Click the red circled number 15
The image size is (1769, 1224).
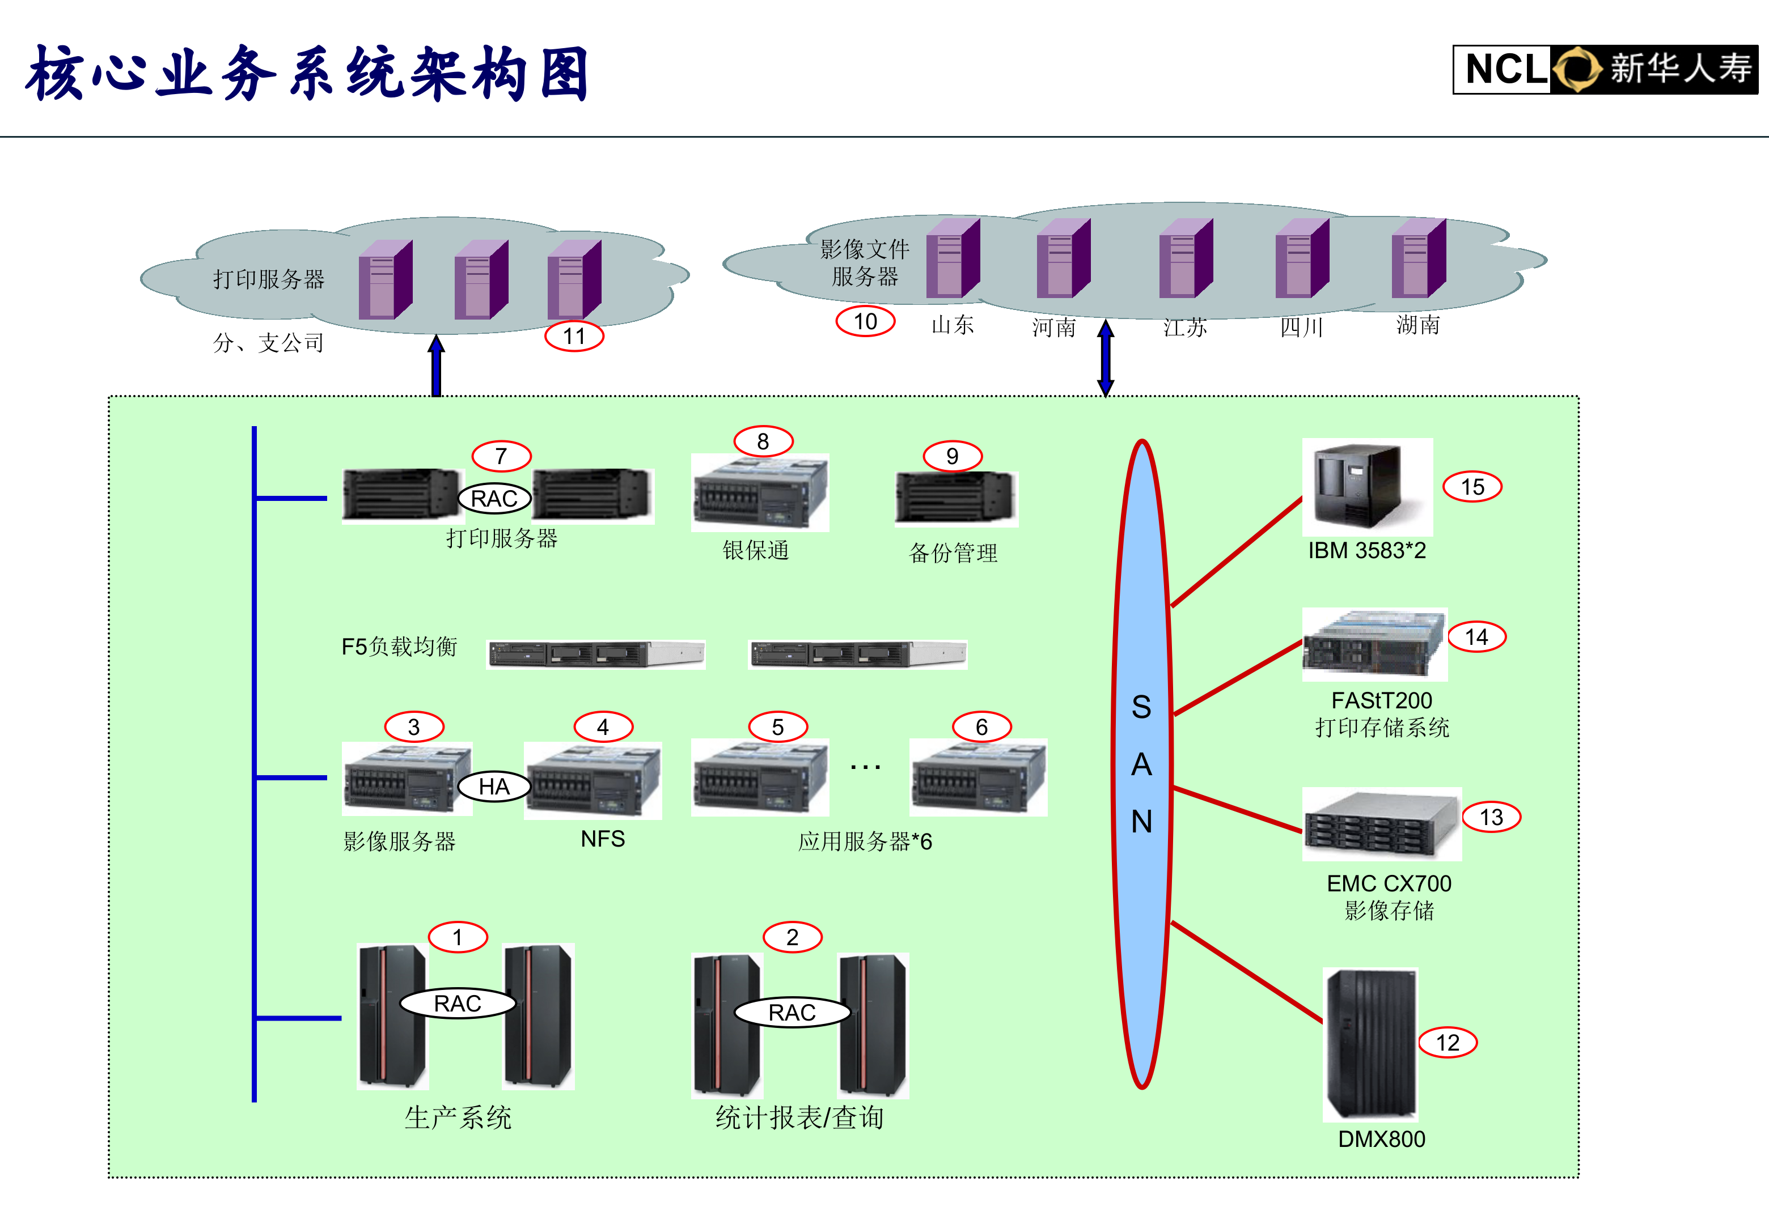click(1471, 486)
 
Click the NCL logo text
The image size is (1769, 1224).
click(1505, 69)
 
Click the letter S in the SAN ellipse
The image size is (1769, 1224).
click(1141, 706)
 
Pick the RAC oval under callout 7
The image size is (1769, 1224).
click(494, 499)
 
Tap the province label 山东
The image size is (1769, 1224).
click(952, 325)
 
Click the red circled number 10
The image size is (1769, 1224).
click(865, 321)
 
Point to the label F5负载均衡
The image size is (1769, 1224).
click(399, 647)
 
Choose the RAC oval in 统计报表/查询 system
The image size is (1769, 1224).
click(792, 1012)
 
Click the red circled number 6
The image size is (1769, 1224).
click(981, 726)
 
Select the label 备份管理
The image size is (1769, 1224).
click(953, 553)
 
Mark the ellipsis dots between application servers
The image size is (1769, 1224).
click(865, 766)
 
